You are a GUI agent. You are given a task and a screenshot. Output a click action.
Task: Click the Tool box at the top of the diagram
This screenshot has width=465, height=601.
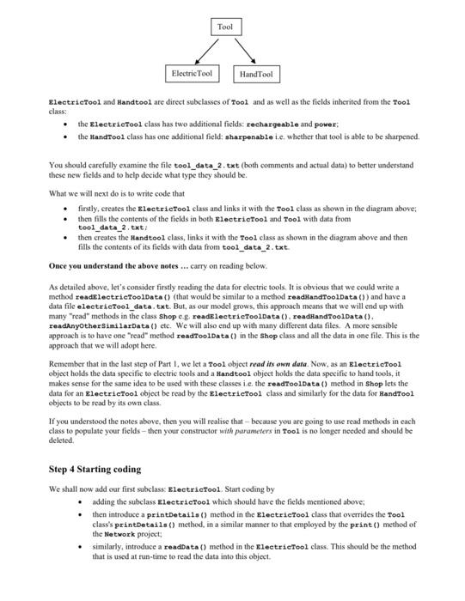point(224,27)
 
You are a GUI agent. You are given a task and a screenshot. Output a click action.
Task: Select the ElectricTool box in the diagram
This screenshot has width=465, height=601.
point(193,74)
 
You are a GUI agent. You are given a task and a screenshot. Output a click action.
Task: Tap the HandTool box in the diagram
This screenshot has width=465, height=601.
point(254,76)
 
